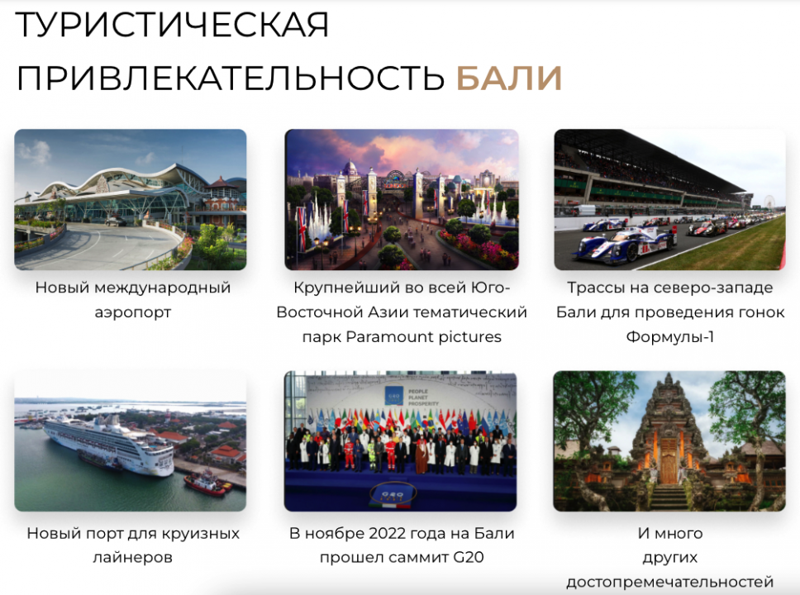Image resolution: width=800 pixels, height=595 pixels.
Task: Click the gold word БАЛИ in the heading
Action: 508,78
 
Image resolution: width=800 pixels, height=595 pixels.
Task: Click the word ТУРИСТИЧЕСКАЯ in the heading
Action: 172,25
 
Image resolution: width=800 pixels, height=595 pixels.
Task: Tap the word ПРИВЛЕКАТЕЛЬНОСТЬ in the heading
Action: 231,78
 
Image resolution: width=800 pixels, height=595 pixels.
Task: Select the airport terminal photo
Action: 130,199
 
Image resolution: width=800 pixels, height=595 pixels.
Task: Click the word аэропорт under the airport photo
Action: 133,312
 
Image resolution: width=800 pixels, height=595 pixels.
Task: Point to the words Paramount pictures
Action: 423,337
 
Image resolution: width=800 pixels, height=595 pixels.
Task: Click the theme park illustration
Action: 402,199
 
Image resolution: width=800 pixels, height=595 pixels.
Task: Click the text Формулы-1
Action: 670,337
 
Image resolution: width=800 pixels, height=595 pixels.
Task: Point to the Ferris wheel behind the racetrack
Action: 770,202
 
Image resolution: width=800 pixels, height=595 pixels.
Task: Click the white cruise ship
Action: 109,443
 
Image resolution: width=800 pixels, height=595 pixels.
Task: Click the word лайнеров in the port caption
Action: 133,557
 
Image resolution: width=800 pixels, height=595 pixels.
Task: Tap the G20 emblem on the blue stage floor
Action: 393,494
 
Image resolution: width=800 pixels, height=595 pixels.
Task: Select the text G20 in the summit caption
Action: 469,557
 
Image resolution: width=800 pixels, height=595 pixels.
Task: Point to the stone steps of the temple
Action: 669,497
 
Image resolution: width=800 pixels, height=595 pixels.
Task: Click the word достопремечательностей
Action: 670,583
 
